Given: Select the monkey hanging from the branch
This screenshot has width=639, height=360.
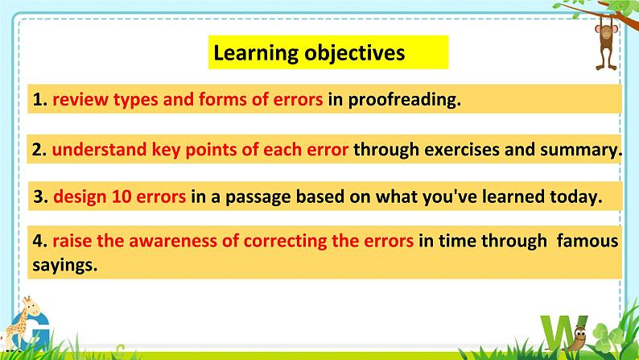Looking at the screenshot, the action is click(606, 46).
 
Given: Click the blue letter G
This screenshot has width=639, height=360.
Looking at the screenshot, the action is click(31, 331).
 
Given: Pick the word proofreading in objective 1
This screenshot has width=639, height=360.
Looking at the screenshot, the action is click(404, 100).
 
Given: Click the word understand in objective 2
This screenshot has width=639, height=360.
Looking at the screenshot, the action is click(99, 149).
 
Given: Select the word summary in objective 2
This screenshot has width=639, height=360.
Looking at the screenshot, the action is click(581, 150).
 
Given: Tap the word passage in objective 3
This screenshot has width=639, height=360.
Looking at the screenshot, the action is click(258, 197).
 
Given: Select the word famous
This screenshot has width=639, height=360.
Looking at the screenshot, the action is click(587, 241).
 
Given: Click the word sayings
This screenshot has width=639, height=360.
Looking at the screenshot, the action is click(65, 266).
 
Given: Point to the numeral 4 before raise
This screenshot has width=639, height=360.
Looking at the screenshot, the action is click(38, 241).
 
